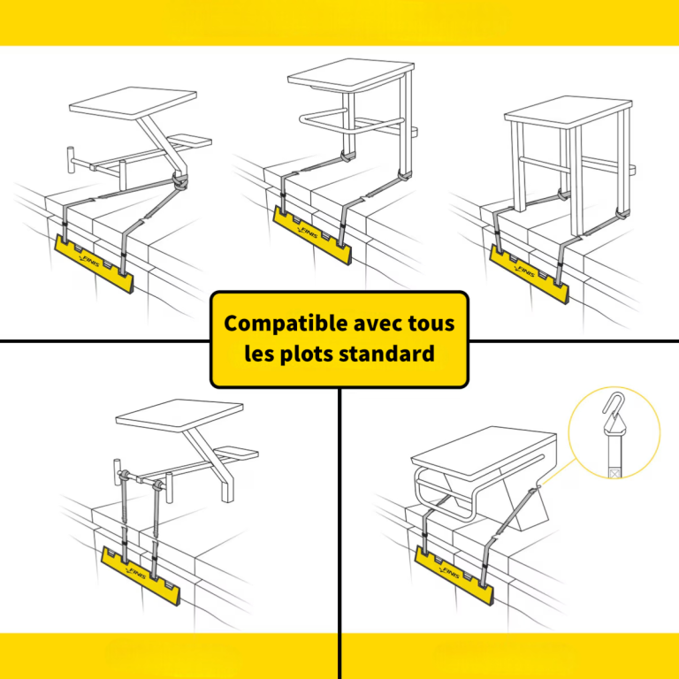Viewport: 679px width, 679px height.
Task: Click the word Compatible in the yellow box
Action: pos(286,324)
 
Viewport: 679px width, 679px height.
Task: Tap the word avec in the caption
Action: pos(378,324)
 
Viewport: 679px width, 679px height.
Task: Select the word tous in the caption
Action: pos(431,324)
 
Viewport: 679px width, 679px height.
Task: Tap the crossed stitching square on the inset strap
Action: pos(615,473)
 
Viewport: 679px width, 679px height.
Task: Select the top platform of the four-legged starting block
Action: pos(568,112)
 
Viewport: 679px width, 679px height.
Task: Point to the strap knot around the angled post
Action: pos(180,181)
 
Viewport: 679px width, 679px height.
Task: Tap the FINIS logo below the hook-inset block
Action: pos(449,573)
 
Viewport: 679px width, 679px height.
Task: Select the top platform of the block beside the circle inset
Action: pos(484,454)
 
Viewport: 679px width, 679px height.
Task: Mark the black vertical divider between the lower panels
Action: pos(339,533)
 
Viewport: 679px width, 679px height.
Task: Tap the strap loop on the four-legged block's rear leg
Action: pos(622,214)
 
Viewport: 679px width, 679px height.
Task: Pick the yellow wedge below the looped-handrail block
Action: pos(312,234)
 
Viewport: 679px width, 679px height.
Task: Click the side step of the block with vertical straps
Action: pos(236,453)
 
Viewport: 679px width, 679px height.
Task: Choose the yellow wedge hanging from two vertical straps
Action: pos(141,575)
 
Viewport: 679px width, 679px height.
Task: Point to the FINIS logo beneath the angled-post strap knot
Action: pos(89,262)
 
